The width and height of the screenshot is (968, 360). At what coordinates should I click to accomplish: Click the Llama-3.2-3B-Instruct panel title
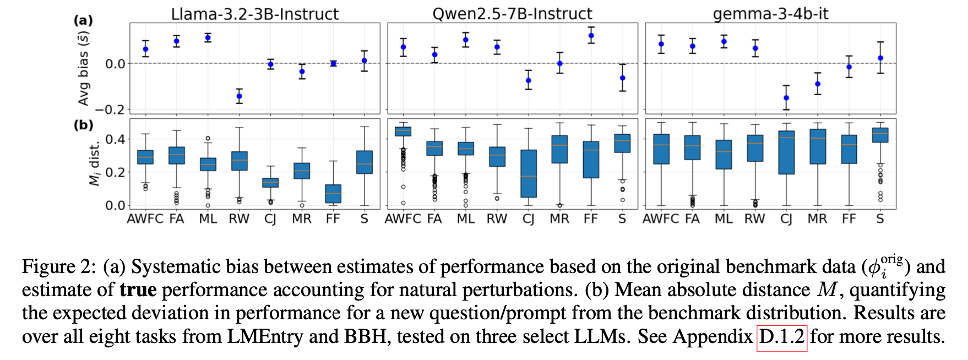[254, 13]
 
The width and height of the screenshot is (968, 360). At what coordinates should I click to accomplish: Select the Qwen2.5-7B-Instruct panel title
[512, 13]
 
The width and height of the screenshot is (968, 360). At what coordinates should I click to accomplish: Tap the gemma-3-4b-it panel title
[770, 13]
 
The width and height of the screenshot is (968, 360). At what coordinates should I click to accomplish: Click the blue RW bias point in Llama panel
[239, 96]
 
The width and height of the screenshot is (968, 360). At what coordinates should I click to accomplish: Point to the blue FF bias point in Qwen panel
[591, 36]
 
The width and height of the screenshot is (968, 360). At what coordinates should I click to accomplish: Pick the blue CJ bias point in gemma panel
[786, 98]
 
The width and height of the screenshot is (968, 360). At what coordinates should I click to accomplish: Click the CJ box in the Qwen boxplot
[528, 173]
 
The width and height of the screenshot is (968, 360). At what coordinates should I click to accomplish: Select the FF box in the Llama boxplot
[333, 194]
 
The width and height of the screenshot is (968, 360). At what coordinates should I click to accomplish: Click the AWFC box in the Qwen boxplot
[403, 131]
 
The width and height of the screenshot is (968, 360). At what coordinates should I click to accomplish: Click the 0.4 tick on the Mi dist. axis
[115, 139]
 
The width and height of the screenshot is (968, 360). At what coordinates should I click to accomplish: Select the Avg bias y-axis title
[84, 69]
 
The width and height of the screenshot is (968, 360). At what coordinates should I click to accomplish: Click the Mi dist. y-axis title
[95, 163]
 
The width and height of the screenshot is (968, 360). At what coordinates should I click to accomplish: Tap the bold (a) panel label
[83, 20]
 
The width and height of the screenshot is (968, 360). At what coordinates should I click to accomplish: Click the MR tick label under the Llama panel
[302, 219]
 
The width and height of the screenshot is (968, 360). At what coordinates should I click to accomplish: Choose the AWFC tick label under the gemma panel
[660, 219]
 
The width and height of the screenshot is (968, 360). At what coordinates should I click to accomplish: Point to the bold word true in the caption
[138, 290]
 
